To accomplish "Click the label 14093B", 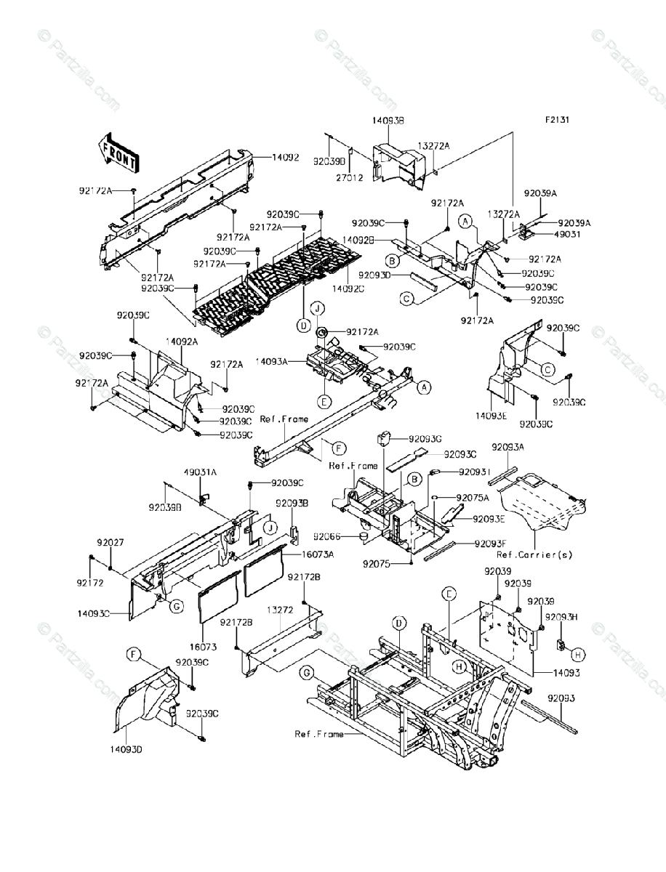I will coord(389,122).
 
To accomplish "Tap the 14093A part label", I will coord(272,360).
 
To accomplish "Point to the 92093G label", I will coord(425,439).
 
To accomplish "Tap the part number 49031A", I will coord(200,471).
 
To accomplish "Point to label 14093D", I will coord(127,748).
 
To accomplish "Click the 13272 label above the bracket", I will coord(279,610).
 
